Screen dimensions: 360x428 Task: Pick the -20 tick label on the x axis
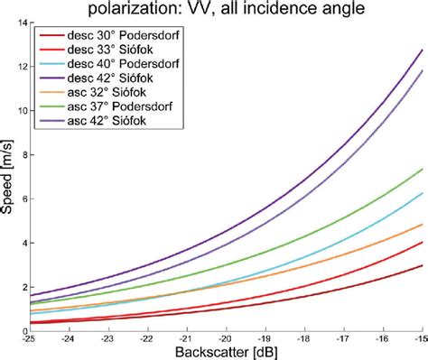pos(226,338)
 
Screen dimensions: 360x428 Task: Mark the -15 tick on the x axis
pos(421,338)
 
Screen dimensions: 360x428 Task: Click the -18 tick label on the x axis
pos(303,338)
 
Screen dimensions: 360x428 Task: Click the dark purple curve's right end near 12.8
pos(422,50)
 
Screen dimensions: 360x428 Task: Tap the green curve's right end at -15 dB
pos(422,169)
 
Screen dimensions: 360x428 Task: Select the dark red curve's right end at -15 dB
pos(422,265)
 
